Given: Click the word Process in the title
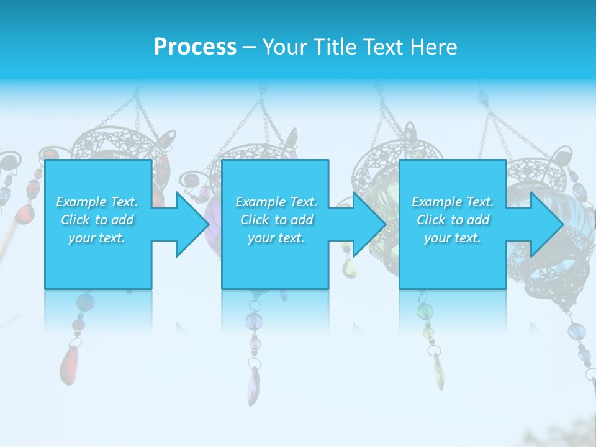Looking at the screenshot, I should pos(195,47).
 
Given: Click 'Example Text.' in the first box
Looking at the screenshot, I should pos(97,202).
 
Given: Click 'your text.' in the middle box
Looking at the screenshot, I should pos(276,238).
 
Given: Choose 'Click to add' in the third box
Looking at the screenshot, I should pos(453,220).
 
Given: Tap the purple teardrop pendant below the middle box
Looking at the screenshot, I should pos(254,385).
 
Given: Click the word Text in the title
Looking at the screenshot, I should pos(384,47).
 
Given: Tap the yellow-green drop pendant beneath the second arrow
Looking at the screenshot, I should pos(350,268).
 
